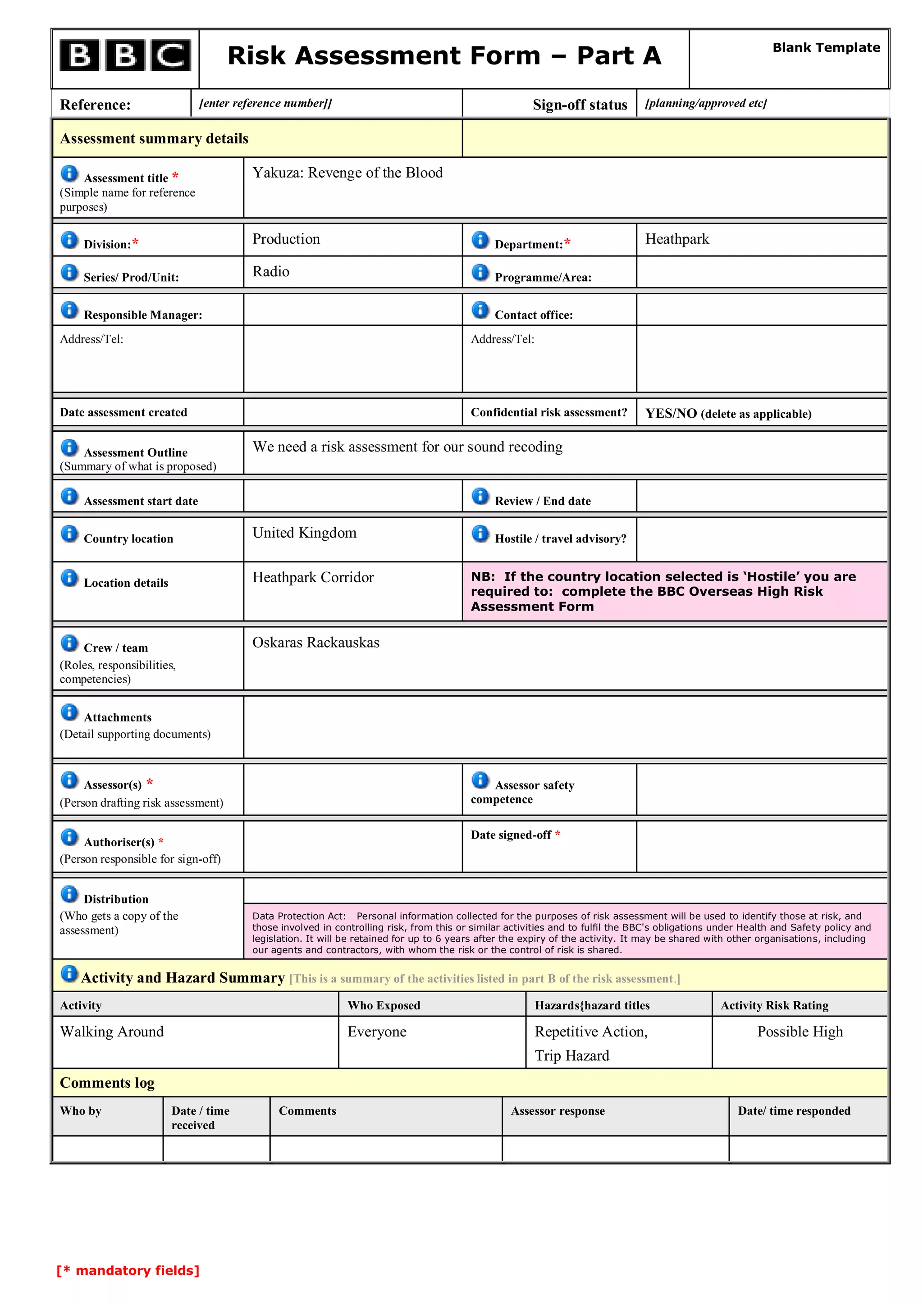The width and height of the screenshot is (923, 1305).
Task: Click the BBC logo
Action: point(125,56)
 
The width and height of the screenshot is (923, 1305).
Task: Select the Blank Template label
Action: point(826,48)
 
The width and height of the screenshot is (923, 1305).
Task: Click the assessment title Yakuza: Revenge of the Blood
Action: point(347,173)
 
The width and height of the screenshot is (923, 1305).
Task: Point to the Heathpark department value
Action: point(676,239)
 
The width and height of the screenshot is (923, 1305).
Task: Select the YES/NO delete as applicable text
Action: point(727,414)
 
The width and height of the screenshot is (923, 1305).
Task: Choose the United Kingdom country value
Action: point(304,533)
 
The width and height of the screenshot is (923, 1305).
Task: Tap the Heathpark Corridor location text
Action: point(313,578)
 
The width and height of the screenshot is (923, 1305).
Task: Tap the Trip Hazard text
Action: point(572,1056)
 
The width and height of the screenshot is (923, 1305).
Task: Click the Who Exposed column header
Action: point(384,1005)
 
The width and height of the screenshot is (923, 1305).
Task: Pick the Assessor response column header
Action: point(557,1111)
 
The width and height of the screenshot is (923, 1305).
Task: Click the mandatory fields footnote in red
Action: point(128,1270)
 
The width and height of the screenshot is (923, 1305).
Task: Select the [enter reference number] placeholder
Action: point(265,104)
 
